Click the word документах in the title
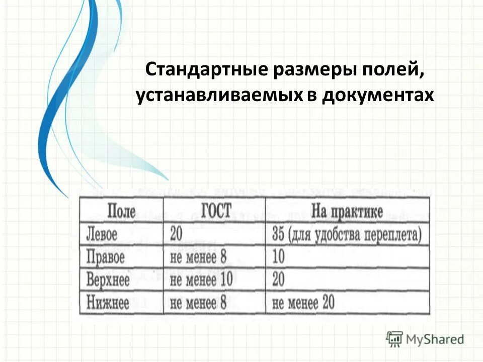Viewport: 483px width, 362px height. click(x=377, y=95)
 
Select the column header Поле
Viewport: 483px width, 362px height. click(x=121, y=211)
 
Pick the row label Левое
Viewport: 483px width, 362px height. click(x=102, y=235)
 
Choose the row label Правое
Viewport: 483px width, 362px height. click(x=106, y=258)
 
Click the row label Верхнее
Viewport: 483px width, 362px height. click(x=108, y=280)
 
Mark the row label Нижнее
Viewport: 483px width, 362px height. click(x=108, y=303)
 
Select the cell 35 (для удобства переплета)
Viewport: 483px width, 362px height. click(x=347, y=235)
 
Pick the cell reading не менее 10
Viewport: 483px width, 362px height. click(x=201, y=280)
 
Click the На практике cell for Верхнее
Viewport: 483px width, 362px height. click(x=278, y=280)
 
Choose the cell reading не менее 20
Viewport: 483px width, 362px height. click(x=303, y=303)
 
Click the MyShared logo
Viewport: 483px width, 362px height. click(x=425, y=339)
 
